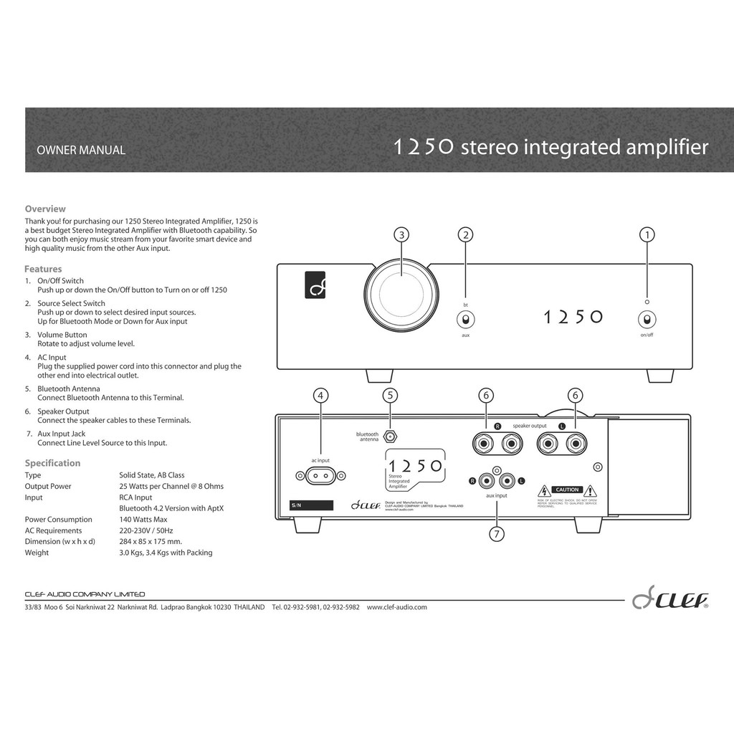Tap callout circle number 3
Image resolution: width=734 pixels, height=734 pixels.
pos(401,234)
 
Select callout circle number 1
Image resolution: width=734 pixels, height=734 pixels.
pos(647,234)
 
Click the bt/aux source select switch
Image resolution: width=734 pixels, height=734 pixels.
pos(465,320)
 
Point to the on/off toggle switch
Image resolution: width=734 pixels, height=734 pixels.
pos(647,320)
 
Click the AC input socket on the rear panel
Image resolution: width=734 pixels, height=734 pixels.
pos(320,475)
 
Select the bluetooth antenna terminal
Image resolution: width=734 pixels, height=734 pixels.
pos(390,435)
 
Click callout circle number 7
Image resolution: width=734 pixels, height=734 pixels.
pos(497,533)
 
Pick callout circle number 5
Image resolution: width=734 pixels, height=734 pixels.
pos(390,396)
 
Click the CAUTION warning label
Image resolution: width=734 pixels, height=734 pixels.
pos(567,490)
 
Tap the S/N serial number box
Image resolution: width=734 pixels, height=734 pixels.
pos(312,505)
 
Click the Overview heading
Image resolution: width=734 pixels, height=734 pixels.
pos(45,209)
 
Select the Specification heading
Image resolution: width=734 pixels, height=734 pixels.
pos(52,463)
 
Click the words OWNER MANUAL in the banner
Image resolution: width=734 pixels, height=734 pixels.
pos(81,151)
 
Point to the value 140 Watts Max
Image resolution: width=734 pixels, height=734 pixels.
pos(143,520)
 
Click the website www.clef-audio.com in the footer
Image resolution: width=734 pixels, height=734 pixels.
pos(396,607)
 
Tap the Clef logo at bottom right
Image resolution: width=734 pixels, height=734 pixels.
pos(670,600)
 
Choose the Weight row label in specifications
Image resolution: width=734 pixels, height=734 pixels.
pos(37,553)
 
